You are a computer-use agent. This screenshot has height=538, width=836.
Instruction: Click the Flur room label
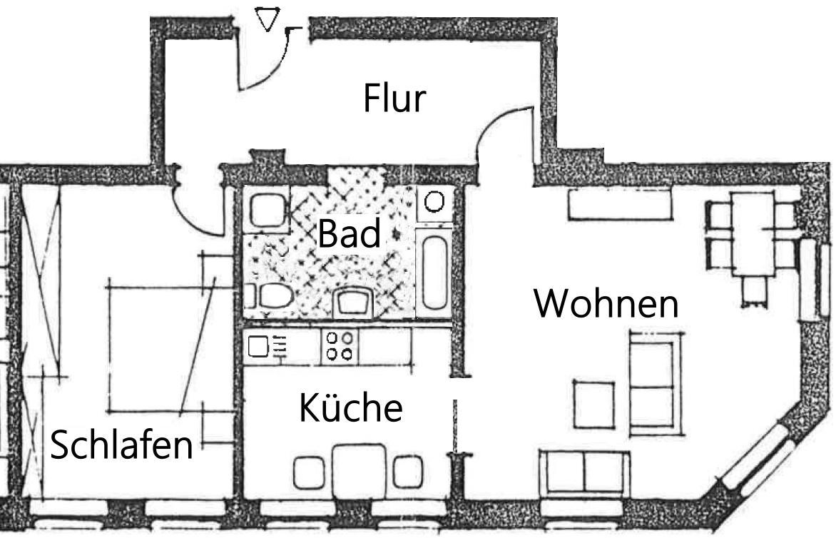click(394, 98)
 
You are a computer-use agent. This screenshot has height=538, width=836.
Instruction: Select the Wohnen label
click(606, 304)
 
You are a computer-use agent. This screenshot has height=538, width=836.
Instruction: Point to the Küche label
click(350, 408)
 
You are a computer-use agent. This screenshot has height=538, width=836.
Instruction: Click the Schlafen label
click(122, 445)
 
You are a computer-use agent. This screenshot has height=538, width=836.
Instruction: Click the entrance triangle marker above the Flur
click(267, 20)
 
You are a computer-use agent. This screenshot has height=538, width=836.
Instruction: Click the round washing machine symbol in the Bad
click(434, 202)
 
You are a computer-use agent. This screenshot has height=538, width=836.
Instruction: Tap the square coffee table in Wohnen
click(593, 404)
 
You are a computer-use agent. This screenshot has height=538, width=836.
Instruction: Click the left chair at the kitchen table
click(310, 472)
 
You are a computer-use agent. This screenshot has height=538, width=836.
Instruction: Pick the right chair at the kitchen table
click(408, 472)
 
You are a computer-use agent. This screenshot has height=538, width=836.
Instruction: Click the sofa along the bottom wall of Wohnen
click(584, 472)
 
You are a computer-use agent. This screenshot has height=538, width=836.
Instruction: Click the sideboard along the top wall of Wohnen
click(620, 205)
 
